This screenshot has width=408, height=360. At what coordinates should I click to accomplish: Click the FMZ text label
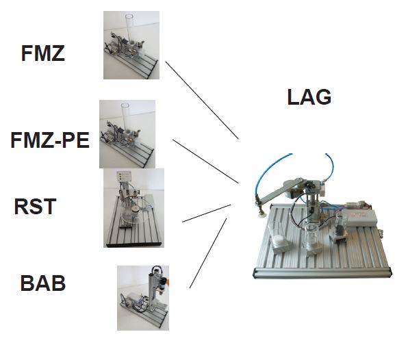tap(43, 53)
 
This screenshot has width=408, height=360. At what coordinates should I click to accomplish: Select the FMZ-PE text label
tap(50, 140)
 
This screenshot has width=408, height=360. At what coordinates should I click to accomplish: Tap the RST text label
tap(35, 207)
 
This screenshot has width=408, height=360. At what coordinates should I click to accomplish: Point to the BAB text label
tap(43, 283)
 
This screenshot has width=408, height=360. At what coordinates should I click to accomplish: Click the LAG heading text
tap(309, 97)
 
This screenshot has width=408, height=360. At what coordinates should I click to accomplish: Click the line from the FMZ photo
tap(202, 100)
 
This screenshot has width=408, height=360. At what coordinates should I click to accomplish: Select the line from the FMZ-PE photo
tap(205, 162)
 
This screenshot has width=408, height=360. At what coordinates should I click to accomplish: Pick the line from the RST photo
tap(207, 214)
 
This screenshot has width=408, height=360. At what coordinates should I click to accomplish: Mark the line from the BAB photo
tap(208, 253)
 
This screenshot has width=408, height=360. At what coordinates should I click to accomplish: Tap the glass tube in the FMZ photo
tap(129, 28)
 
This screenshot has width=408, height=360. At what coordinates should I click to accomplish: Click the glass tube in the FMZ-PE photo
tap(125, 116)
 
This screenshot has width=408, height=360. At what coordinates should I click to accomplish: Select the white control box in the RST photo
tap(124, 177)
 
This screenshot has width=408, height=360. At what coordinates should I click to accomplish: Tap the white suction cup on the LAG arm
tap(262, 214)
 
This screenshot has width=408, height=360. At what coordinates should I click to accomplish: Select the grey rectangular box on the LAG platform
tap(359, 218)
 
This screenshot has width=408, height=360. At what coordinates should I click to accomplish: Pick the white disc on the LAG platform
tap(278, 239)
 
